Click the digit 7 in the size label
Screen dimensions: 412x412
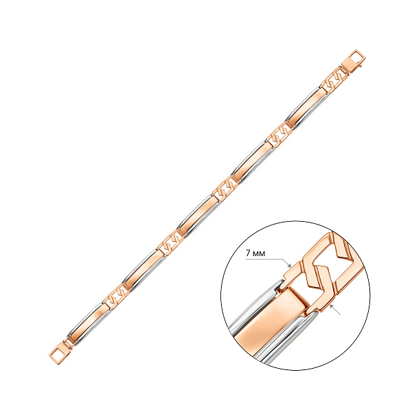point(248,253)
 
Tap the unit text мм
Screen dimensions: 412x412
point(259,254)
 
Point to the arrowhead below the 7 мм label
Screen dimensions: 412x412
point(289,264)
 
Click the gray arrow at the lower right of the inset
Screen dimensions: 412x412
point(335,309)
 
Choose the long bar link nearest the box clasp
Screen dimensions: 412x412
point(308,107)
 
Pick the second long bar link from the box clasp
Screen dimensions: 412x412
point(253,162)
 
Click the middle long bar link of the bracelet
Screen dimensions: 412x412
point(198,216)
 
